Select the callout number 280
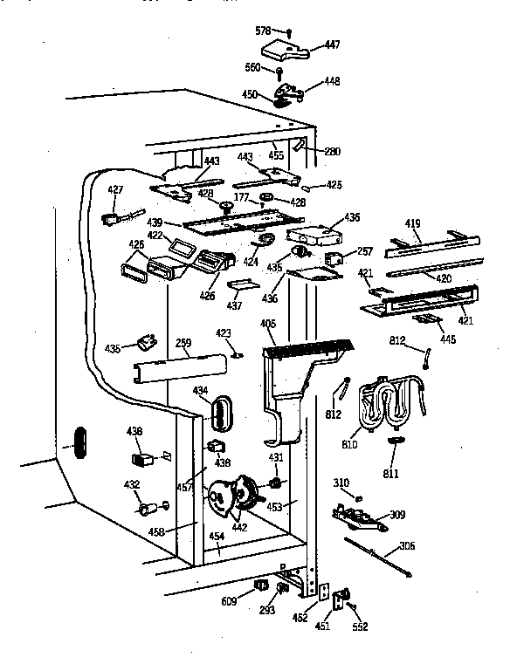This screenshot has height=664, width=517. pyautogui.click(x=332, y=151)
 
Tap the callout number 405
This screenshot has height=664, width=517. pyautogui.click(x=267, y=325)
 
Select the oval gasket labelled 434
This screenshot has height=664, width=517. pyautogui.click(x=222, y=412)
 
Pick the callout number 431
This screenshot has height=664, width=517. pyautogui.click(x=275, y=457)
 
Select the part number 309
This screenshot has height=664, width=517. pyautogui.click(x=396, y=515)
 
